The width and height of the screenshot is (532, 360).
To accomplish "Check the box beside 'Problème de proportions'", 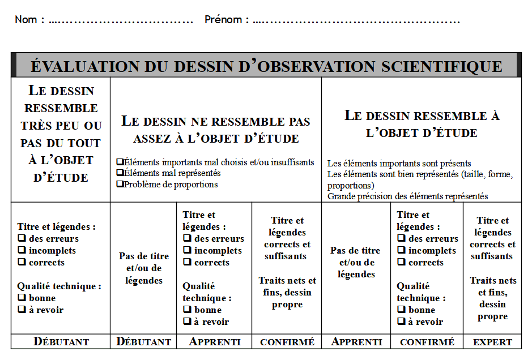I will click(120, 184).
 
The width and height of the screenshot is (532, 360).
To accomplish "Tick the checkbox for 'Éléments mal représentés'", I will click(120, 173).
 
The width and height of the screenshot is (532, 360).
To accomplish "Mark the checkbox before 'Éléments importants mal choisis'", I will click(120, 162).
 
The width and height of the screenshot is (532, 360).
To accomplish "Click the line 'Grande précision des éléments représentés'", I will click(407, 196).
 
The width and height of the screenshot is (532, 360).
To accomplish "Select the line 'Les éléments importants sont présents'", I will click(399, 164).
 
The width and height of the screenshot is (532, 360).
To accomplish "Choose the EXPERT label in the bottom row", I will click(492, 342).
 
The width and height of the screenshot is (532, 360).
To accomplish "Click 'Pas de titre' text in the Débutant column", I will click(143, 256).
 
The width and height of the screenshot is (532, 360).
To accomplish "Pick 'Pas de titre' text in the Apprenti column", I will click(355, 251).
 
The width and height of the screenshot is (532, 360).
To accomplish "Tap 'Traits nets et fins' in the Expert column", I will click(492, 286).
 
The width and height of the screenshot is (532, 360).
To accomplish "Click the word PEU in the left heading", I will click(70, 126).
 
